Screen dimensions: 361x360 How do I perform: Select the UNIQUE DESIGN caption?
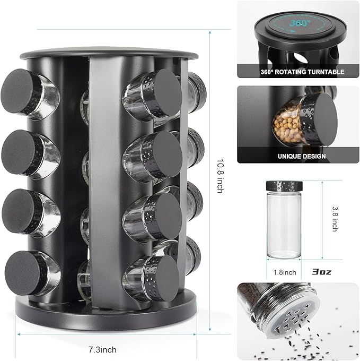tap(301, 157)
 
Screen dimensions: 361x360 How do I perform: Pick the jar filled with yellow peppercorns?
tap(288, 123)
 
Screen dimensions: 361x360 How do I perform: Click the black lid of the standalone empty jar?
tap(284, 186)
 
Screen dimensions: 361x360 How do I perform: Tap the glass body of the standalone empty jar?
tap(284, 226)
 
